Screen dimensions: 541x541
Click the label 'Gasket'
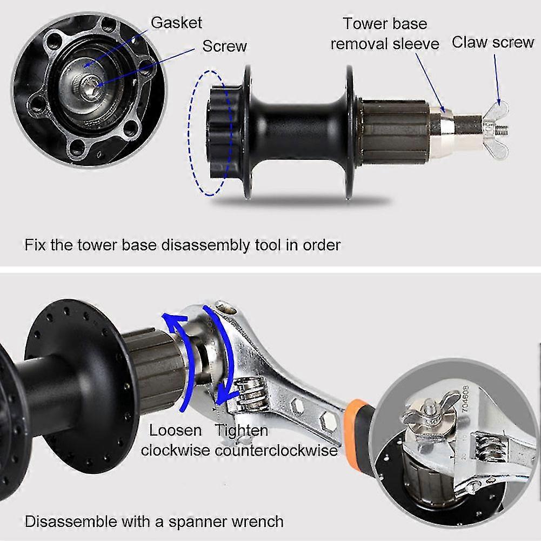[x=176, y=23]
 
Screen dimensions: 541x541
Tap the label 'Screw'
[x=224, y=46]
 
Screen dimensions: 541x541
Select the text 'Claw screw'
[x=492, y=43]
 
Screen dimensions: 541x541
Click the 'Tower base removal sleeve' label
[x=384, y=34]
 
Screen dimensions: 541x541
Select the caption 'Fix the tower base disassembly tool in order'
[x=183, y=245]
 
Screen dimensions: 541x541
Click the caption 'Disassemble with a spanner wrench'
[x=154, y=522]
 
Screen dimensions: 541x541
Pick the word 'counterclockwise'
[x=276, y=450]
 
